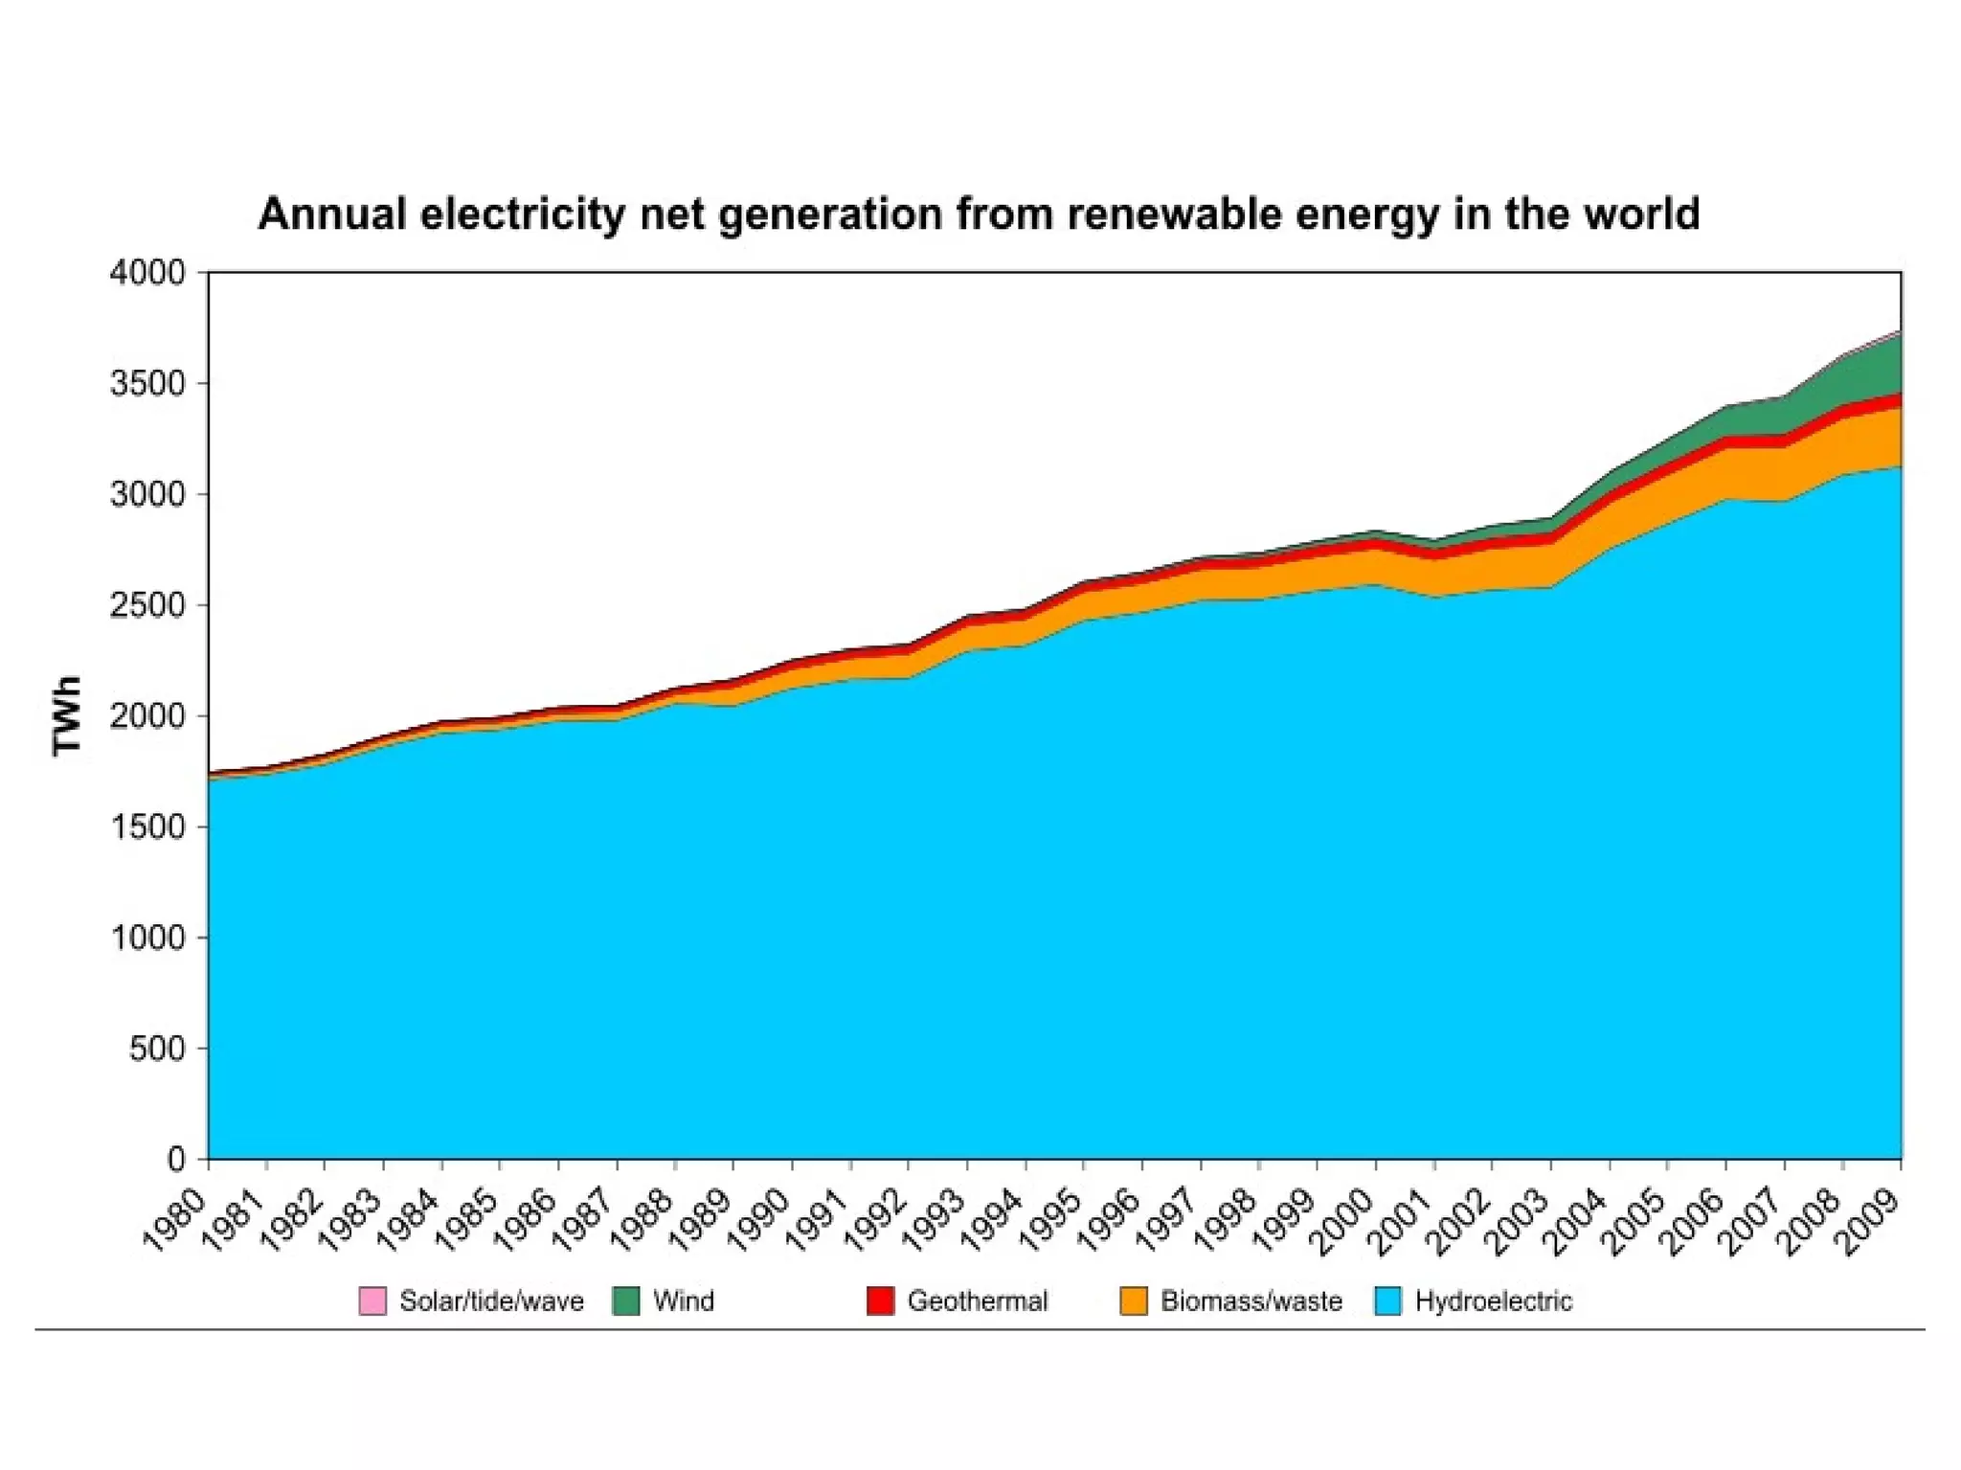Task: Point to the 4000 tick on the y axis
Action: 147,273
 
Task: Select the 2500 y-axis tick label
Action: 147,605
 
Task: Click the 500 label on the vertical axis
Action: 157,1049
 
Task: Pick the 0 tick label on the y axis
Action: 176,1160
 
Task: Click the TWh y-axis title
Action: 67,716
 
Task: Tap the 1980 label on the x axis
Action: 174,1219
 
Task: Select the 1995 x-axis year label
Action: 1050,1219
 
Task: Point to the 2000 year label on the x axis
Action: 1342,1219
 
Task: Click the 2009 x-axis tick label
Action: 1868,1219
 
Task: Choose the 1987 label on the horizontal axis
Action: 583,1219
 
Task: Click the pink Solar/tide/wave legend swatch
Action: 372,1301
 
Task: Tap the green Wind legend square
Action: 626,1301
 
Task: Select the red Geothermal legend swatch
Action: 880,1301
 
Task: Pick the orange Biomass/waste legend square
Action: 1134,1301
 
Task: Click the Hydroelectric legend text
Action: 1493,1301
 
